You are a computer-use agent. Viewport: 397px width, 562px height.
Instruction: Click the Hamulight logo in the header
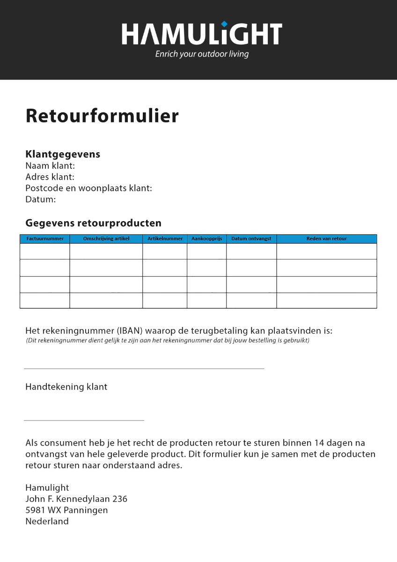click(x=202, y=34)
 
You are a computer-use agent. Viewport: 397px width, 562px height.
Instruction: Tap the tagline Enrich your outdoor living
click(x=202, y=54)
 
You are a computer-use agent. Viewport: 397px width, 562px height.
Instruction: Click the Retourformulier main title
click(x=102, y=116)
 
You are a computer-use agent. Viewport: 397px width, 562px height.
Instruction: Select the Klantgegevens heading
click(x=63, y=154)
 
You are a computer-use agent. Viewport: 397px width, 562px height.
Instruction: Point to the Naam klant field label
click(x=50, y=166)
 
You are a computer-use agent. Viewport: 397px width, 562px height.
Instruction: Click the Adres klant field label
click(x=50, y=177)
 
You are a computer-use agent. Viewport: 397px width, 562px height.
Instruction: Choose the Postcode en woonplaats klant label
click(x=88, y=188)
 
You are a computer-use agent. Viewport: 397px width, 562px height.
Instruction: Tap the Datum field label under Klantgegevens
click(x=40, y=200)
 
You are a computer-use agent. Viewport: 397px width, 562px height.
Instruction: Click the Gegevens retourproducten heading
click(x=93, y=223)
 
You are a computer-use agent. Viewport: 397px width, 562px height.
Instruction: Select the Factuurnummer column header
click(x=45, y=239)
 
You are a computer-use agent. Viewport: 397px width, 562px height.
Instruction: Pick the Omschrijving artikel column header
click(x=106, y=239)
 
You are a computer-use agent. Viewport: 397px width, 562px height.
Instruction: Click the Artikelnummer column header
click(x=165, y=239)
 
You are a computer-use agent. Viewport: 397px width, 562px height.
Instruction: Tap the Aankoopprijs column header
click(x=206, y=239)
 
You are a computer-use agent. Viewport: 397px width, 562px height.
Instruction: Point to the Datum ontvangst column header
click(x=251, y=239)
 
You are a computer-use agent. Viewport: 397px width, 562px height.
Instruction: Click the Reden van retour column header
click(x=326, y=239)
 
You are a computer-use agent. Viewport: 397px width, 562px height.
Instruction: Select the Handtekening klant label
click(x=66, y=387)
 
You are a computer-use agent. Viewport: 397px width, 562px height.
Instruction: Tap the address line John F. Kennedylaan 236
click(x=76, y=499)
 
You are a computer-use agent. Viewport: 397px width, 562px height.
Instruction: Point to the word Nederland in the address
click(x=47, y=521)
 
